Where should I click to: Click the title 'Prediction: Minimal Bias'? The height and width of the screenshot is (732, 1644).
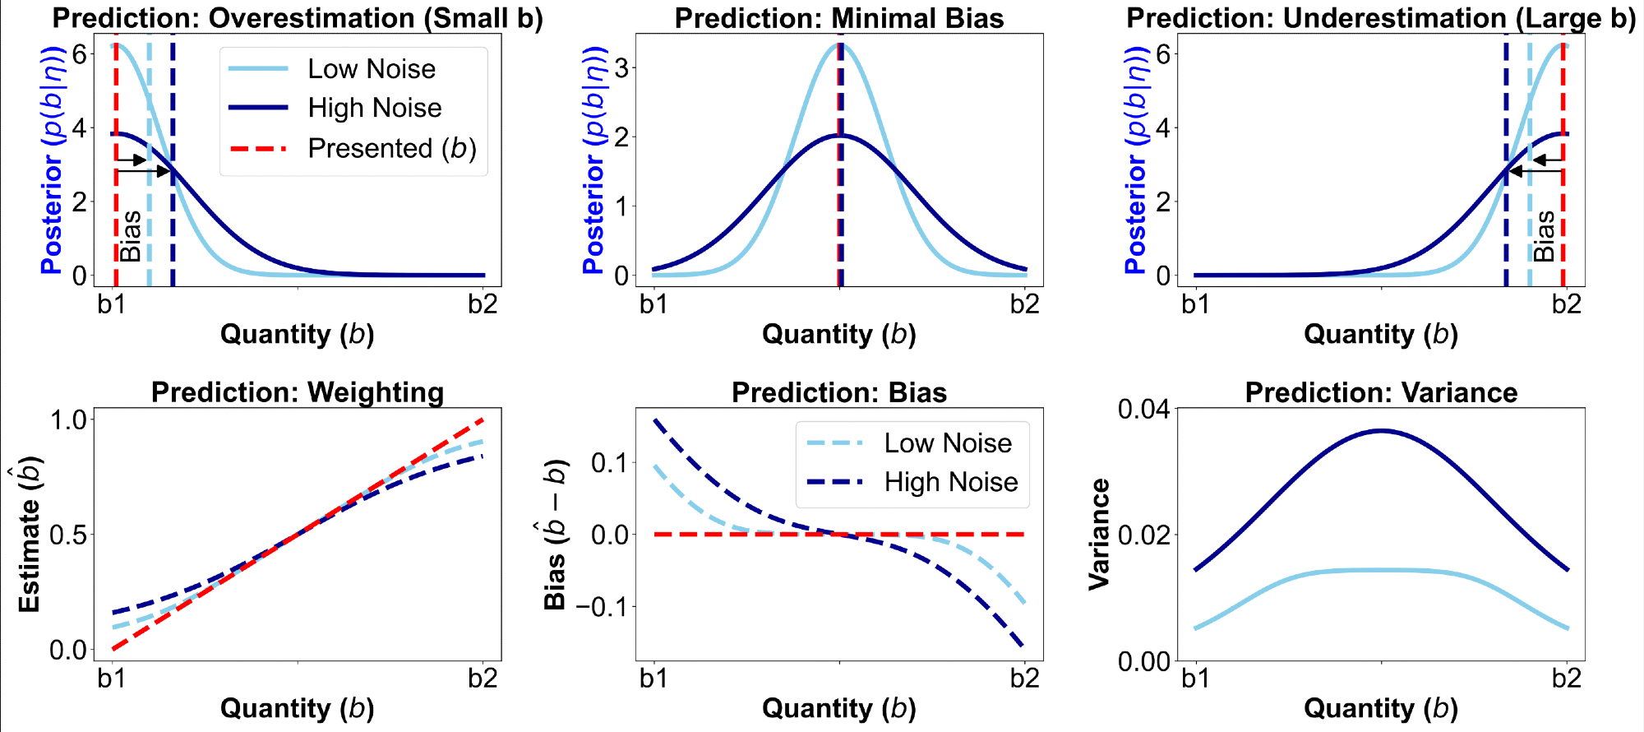point(839,18)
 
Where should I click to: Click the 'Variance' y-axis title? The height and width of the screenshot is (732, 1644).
point(1099,535)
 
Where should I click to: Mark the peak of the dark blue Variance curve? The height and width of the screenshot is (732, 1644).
point(1382,430)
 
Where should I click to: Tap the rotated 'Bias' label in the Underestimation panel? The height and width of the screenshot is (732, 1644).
point(1545,236)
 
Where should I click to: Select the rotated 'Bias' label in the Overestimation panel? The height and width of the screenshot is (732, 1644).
point(131,236)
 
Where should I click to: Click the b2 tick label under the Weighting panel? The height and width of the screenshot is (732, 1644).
point(483,679)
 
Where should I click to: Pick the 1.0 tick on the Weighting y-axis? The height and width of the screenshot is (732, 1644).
point(68,419)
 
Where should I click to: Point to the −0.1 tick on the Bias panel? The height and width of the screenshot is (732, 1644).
point(602,607)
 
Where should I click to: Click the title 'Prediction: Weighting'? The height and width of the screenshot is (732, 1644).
point(298,392)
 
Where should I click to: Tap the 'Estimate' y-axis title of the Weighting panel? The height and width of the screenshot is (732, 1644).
point(30,535)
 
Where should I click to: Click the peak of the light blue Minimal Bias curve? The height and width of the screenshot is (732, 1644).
point(840,44)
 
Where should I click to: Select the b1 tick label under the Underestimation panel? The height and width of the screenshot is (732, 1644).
point(1195,304)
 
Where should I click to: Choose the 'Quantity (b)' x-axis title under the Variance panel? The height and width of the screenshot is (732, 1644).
point(1381,708)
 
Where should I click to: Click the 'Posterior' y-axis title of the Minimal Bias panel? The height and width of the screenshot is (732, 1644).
point(593,160)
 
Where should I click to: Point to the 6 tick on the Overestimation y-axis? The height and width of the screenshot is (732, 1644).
point(79,54)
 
